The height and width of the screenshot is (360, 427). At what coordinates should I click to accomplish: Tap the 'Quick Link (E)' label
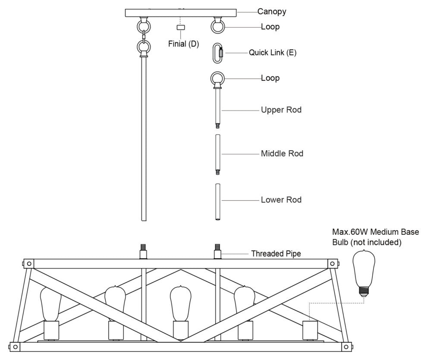pos(273,53)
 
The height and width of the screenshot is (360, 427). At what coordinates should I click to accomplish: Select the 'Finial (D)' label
pos(184,44)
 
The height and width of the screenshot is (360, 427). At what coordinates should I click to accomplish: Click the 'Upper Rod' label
pos(281,110)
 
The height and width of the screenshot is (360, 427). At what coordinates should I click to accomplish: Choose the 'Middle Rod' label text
pos(282,153)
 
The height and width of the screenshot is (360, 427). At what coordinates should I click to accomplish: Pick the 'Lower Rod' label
pos(281,200)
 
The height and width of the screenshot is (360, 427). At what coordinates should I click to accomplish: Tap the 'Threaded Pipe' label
pos(276,254)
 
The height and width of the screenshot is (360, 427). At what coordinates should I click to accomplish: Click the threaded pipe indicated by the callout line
pos(218,251)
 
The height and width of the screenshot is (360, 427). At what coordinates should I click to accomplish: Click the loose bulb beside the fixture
pos(364,271)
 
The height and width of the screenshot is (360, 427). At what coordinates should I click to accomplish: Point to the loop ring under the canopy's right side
pos(218,26)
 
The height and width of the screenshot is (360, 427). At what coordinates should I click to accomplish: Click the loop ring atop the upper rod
pos(218,79)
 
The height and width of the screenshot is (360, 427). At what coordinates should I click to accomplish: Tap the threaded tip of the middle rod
pos(218,172)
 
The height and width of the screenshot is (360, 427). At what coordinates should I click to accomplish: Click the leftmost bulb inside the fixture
pos(50,304)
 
